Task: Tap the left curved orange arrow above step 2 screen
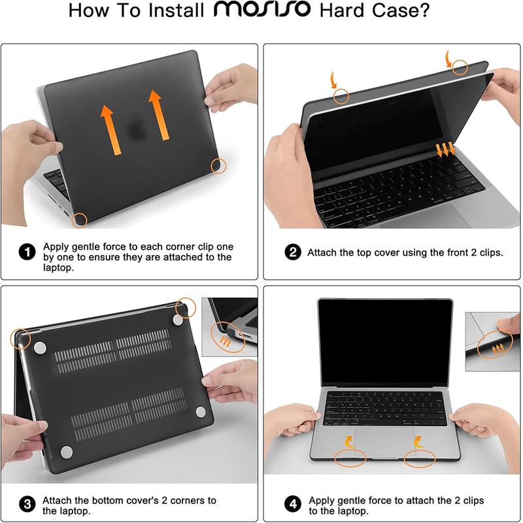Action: click(x=335, y=82)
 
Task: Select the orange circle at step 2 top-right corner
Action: click(x=462, y=66)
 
